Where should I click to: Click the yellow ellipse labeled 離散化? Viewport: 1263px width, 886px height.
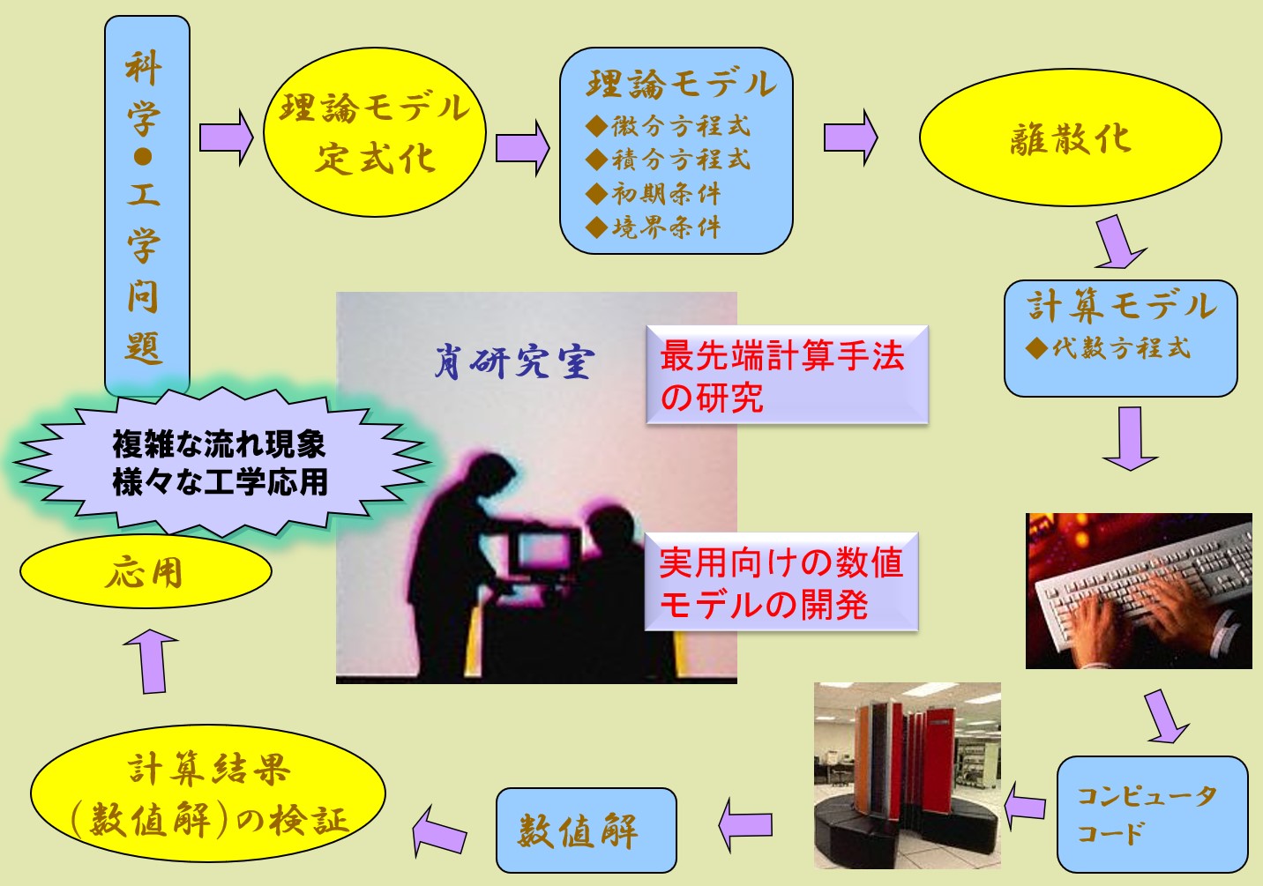1070,138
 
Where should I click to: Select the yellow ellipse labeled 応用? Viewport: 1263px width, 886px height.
146,571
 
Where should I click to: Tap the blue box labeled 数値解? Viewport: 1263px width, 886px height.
586,830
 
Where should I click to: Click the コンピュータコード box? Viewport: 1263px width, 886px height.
1152,815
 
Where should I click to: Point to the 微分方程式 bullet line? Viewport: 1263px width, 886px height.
669,126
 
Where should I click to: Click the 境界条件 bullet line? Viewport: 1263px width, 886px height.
654,227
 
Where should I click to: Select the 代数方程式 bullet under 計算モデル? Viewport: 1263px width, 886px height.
1108,347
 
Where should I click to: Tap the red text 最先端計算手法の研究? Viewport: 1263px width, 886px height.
782,376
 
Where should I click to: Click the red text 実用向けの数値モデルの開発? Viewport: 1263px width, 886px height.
781,583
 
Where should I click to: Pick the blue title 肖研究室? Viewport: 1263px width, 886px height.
514,361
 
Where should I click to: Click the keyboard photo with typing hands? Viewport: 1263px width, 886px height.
1139,591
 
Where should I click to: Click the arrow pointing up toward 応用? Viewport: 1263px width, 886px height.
152,660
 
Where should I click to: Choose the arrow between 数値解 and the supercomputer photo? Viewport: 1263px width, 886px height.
745,824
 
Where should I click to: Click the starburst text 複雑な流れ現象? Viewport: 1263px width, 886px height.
219,444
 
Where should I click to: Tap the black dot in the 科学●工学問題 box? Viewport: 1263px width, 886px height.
143,157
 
